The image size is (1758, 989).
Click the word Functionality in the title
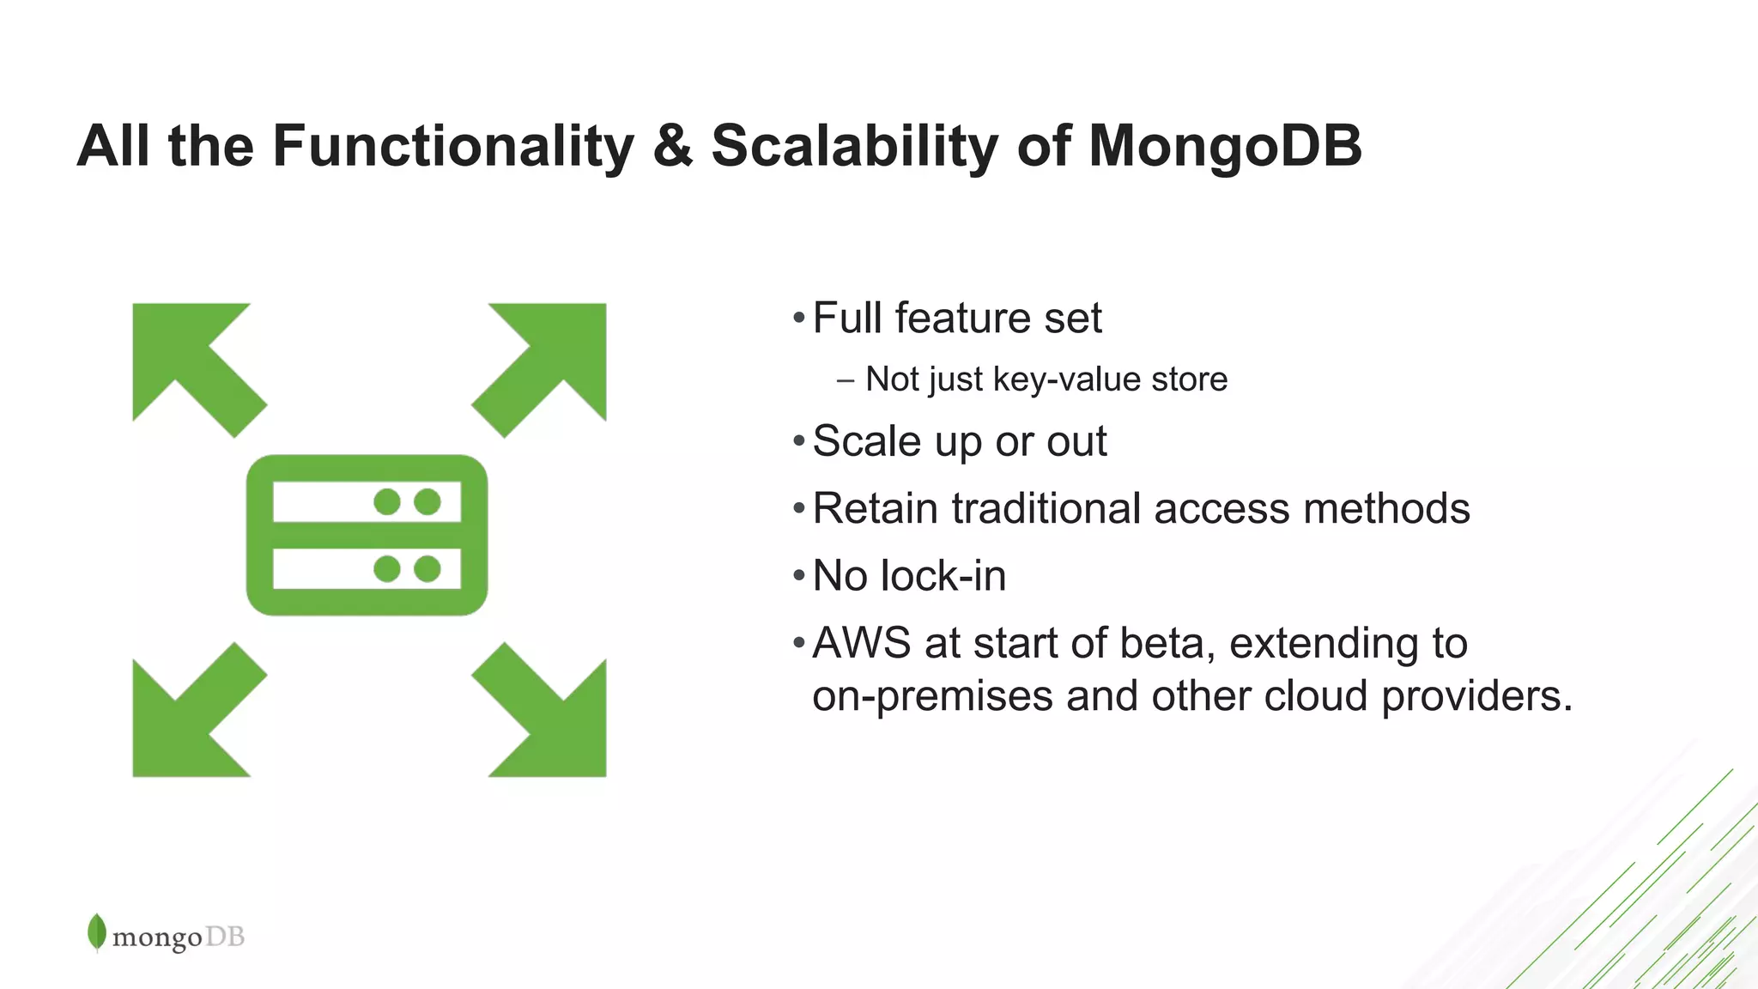[453, 146]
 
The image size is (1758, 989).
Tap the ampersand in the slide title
[672, 146]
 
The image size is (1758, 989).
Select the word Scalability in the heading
[855, 146]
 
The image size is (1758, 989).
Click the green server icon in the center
[367, 534]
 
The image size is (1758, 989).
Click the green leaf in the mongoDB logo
[97, 932]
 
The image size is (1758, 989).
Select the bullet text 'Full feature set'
[956, 319]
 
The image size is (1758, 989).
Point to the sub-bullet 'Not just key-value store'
[1046, 379]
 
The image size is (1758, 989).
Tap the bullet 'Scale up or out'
[959, 442]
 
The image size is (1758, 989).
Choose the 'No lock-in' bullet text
[908, 575]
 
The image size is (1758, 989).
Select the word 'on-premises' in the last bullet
[932, 695]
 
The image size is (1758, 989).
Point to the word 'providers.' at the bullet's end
[1476, 695]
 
